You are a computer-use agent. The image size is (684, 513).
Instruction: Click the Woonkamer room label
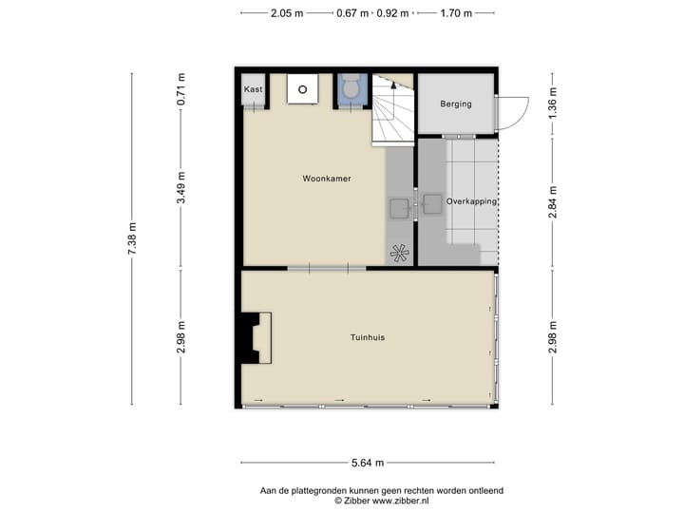coord(327,179)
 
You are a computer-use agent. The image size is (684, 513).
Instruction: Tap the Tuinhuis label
coord(367,337)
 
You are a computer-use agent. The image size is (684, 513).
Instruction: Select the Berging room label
coord(455,104)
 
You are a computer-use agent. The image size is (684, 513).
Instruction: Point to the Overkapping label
coord(472,201)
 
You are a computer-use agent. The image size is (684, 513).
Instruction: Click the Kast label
coord(253,89)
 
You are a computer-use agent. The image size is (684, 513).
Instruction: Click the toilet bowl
coord(351,91)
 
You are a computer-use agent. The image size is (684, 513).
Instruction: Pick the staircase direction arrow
coord(393,85)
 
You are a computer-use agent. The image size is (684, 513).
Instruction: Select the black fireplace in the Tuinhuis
coord(253,337)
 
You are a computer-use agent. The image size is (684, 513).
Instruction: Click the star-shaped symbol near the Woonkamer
coord(400,253)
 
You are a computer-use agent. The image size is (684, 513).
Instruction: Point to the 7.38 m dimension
coord(133,237)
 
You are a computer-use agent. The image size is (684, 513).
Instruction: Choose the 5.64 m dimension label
coord(367,463)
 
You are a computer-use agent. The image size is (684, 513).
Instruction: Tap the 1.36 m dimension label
coord(552,103)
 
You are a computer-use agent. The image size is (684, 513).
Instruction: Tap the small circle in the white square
coord(303,90)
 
